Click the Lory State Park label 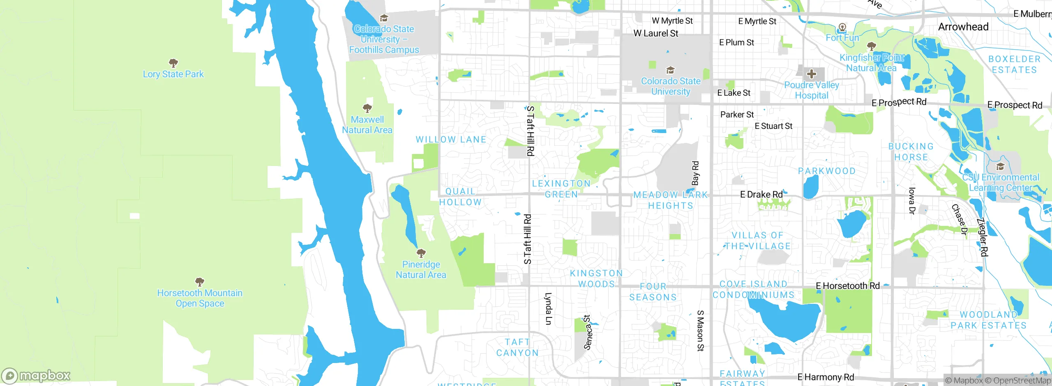point(173,74)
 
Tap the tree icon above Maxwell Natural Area point(367,108)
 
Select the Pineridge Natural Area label point(421,270)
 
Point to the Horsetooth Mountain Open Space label point(200,298)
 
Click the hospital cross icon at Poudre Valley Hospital point(811,74)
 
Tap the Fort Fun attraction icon point(842,28)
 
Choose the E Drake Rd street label point(761,194)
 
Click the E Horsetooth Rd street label point(847,286)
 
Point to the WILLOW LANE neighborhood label point(451,140)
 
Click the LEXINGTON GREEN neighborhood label point(561,189)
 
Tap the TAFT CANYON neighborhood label point(517,347)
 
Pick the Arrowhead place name point(963,27)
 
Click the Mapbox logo point(36,375)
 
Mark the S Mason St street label point(700,331)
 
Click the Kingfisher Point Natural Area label point(871,63)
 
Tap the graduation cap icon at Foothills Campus point(384,18)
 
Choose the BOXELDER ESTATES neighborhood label point(1014,64)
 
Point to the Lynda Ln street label point(548,308)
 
